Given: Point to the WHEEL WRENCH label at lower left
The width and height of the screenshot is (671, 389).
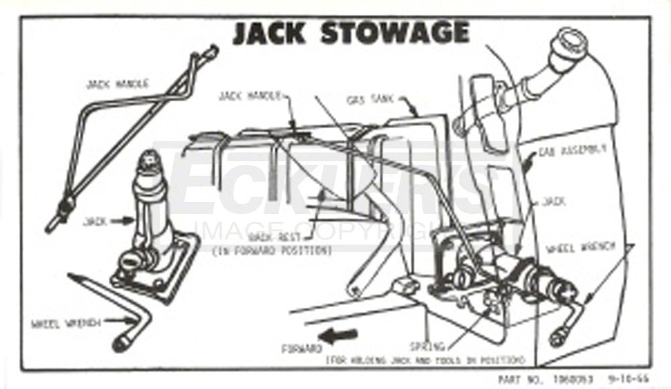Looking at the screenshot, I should [66, 323].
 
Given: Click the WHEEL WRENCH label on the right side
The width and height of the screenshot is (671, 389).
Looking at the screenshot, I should [580, 247].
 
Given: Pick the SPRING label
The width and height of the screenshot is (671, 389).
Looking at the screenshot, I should [427, 347].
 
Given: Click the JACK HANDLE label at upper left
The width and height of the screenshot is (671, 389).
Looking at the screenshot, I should [117, 85].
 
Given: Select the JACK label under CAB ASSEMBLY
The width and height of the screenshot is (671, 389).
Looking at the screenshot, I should [554, 201].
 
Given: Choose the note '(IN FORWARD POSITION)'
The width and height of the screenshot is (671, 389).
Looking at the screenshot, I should [272, 251].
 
